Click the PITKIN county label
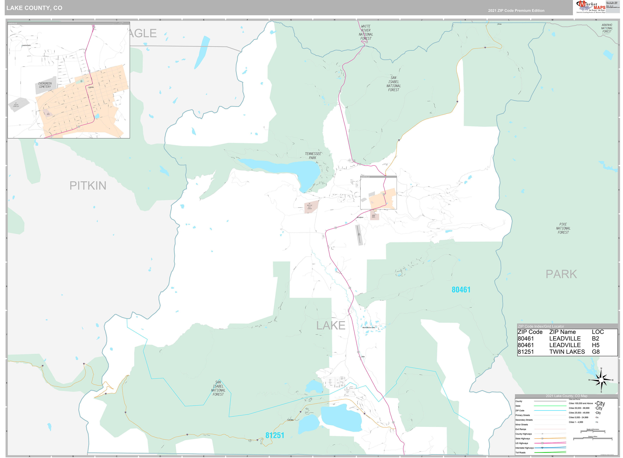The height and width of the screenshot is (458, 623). [88, 186]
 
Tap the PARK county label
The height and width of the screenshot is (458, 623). [561, 274]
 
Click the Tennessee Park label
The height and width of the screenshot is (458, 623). [313, 156]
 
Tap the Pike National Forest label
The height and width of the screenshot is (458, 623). [563, 228]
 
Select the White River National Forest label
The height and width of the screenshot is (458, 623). [366, 32]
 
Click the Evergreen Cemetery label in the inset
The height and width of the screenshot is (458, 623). [45, 85]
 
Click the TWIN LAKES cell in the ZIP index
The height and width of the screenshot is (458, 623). [567, 352]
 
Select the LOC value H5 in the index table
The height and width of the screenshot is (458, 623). [595, 345]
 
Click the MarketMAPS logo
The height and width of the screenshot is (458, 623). [591, 7]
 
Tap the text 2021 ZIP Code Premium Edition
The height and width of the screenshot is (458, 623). [516, 11]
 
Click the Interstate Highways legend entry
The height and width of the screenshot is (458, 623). [524, 448]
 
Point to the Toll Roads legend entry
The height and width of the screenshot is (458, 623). [520, 453]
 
